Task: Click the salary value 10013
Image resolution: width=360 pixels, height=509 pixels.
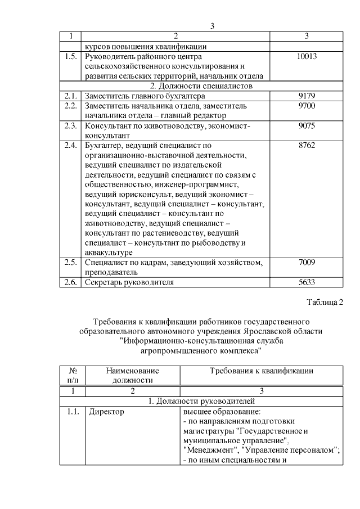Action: (x=306, y=57)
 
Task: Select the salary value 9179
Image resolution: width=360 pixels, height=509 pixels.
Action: (x=306, y=96)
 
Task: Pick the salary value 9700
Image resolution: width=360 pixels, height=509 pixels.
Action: (x=306, y=106)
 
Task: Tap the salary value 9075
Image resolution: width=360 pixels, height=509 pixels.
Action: (x=306, y=126)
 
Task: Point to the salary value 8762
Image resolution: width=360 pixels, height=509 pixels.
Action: (x=306, y=146)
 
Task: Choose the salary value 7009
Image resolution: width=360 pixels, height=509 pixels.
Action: (x=306, y=262)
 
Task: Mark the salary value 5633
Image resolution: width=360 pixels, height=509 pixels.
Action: (x=306, y=282)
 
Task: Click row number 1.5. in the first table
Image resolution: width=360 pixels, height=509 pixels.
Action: (x=70, y=57)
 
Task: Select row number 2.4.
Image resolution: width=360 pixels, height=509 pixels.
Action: (x=70, y=146)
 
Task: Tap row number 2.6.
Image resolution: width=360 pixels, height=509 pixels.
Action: (x=70, y=282)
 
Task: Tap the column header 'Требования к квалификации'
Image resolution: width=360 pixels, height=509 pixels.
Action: (x=261, y=371)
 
